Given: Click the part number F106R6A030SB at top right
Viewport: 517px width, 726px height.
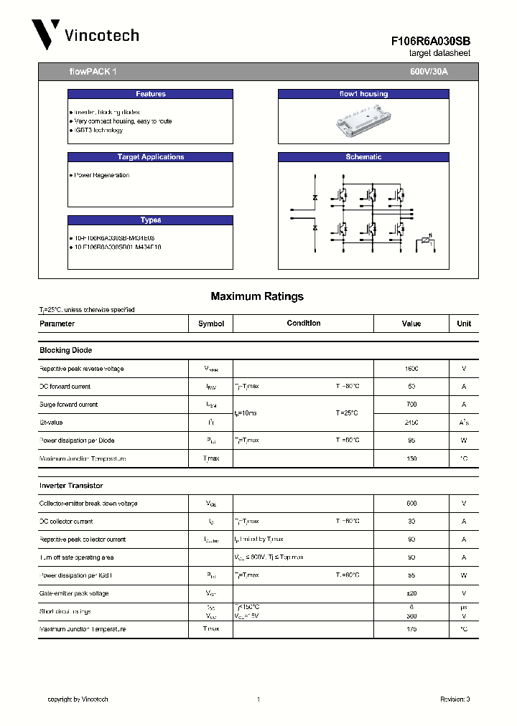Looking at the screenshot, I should pyautogui.click(x=431, y=42).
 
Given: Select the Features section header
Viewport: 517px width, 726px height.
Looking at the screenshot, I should pyautogui.click(x=150, y=94).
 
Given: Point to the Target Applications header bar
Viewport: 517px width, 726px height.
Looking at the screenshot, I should pyautogui.click(x=150, y=157).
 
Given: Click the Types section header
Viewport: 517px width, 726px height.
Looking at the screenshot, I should pyautogui.click(x=150, y=220).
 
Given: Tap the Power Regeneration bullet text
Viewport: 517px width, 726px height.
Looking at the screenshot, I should pyautogui.click(x=102, y=175).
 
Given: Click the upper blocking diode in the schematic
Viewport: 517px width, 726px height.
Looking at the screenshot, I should pyautogui.click(x=315, y=197).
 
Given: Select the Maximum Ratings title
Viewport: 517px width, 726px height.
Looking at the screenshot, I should pyautogui.click(x=257, y=296).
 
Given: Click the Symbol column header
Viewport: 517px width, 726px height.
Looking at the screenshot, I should pyautogui.click(x=211, y=324).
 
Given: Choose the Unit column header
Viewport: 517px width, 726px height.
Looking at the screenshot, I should pyautogui.click(x=464, y=324).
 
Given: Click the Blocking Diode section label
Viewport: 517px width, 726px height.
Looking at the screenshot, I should pyautogui.click(x=65, y=350).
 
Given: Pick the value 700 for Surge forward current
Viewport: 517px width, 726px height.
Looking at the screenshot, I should pyautogui.click(x=411, y=405).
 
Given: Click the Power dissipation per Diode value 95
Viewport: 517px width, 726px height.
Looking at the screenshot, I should pyautogui.click(x=411, y=440).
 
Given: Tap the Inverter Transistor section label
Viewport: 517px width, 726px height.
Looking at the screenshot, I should pyautogui.click(x=70, y=486).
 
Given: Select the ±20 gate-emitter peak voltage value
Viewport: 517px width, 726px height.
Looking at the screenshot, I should pyautogui.click(x=411, y=593).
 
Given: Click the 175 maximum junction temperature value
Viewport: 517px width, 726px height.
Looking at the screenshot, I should pyautogui.click(x=411, y=629).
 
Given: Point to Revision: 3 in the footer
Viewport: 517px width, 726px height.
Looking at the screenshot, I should pyautogui.click(x=455, y=699).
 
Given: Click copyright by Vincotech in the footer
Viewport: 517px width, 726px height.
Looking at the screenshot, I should pyautogui.click(x=78, y=699).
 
